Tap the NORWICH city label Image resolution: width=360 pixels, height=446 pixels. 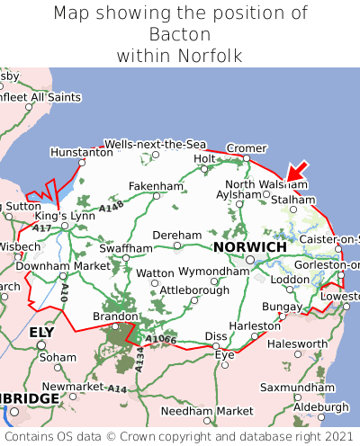[249, 246]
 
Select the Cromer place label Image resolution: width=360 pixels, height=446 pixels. [247, 147]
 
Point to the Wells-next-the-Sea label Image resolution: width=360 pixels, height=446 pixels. [155, 144]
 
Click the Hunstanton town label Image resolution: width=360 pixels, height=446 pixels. [81, 154]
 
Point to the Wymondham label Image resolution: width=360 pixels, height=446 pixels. [214, 271]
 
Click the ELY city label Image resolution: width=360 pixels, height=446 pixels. [42, 332]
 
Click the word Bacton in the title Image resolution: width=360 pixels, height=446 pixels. [180, 34]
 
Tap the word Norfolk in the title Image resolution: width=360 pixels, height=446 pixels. [209, 56]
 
